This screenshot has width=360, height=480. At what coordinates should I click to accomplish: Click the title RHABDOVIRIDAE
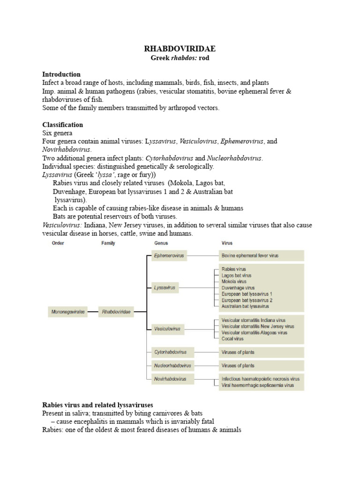[x=180, y=49]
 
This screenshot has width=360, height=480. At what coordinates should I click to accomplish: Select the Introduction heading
[x=61, y=74]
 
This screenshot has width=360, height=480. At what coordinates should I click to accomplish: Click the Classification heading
[x=62, y=125]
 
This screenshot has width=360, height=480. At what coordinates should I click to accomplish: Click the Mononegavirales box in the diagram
[x=68, y=312]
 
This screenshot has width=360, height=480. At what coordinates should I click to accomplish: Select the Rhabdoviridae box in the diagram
[x=115, y=312]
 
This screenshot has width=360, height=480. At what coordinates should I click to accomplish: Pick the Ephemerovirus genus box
[x=169, y=255]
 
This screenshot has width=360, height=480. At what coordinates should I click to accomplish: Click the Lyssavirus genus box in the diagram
[x=165, y=288]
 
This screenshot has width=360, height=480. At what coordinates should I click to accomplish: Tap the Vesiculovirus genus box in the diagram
[x=167, y=329]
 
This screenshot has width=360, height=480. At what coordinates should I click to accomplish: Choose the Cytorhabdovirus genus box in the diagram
[x=170, y=352]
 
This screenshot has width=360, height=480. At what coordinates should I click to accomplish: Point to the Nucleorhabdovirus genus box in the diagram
[x=172, y=365]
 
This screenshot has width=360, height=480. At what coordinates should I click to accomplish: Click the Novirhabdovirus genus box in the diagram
[x=170, y=379]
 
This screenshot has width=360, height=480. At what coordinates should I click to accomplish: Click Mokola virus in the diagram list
[x=234, y=282]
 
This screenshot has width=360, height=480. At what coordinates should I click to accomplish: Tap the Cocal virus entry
[x=232, y=338]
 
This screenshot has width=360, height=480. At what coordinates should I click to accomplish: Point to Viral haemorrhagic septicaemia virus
[x=258, y=385]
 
